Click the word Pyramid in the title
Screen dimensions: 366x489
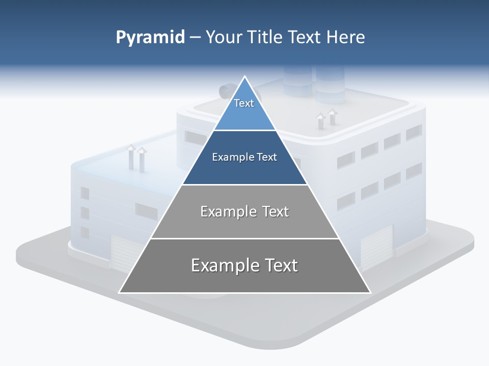click(x=150, y=38)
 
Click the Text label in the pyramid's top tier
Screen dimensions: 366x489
click(x=244, y=103)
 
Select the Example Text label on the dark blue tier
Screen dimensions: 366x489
click(x=244, y=157)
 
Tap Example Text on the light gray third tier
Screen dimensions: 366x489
click(x=244, y=211)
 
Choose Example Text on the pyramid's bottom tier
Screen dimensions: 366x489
click(x=244, y=265)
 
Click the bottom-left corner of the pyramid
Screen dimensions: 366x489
click(x=120, y=292)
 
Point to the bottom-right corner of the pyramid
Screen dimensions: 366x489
click(x=370, y=292)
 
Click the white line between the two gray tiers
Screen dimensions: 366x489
click(x=244, y=238)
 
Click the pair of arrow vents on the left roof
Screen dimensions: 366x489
click(x=136, y=156)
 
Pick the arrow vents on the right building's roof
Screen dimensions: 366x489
click(x=327, y=119)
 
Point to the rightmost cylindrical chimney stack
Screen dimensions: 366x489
click(x=330, y=81)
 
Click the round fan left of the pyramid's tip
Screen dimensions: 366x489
click(x=225, y=91)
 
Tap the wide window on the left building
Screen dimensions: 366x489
click(x=146, y=210)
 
